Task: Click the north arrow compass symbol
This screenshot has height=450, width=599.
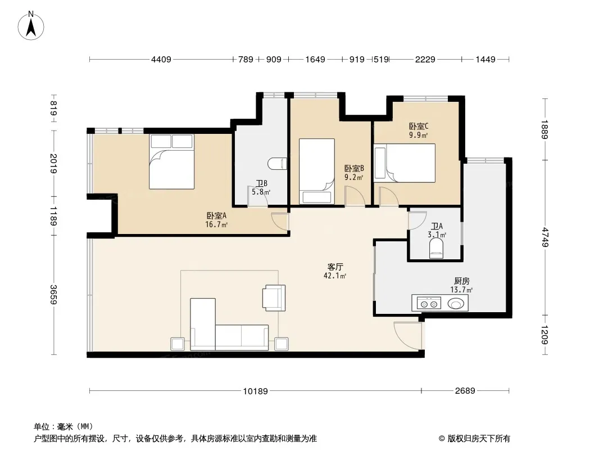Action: pyautogui.click(x=31, y=25)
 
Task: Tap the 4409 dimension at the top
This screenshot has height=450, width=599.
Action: pyautogui.click(x=161, y=59)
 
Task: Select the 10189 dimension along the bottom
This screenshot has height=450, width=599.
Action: pyautogui.click(x=256, y=391)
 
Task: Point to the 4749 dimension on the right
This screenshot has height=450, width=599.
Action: pyautogui.click(x=545, y=237)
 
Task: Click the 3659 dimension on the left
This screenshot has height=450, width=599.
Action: pyautogui.click(x=53, y=295)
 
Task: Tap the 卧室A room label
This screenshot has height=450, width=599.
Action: pyautogui.click(x=216, y=216)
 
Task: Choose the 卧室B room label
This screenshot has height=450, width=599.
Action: pyautogui.click(x=354, y=169)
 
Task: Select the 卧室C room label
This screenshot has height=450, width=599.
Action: pyautogui.click(x=419, y=126)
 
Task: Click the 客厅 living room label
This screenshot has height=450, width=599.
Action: pyautogui.click(x=335, y=267)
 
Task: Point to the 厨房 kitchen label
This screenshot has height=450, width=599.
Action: pyautogui.click(x=461, y=281)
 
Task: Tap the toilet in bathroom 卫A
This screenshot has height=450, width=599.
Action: pyautogui.click(x=436, y=248)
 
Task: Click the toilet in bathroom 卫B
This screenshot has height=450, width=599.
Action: pyautogui.click(x=278, y=164)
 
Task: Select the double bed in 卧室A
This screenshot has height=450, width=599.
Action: pyautogui.click(x=171, y=161)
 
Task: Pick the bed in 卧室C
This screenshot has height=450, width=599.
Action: pyautogui.click(x=405, y=163)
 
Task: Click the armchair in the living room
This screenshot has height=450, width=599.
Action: pyautogui.click(x=274, y=298)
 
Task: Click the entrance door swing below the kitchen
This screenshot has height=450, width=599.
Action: pyautogui.click(x=408, y=336)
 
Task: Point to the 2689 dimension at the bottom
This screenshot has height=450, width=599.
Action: pyautogui.click(x=465, y=391)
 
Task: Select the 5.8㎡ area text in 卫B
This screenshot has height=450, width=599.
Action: pyautogui.click(x=261, y=192)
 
